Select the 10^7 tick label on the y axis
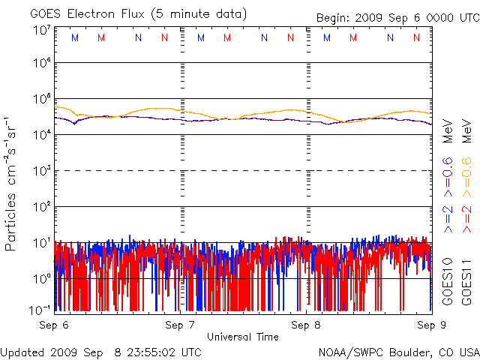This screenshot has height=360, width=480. [41, 30]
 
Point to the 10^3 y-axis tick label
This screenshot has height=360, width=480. [41, 171]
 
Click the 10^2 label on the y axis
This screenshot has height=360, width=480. [41, 206]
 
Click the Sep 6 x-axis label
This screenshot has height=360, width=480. [54, 325]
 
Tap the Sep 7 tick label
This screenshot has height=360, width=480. [180, 325]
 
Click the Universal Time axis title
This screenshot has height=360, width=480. [243, 337]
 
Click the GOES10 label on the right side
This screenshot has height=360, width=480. [448, 278]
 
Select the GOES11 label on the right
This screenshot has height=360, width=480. [466, 278]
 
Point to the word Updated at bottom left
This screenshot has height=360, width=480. [22, 351]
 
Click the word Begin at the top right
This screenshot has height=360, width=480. [332, 16]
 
